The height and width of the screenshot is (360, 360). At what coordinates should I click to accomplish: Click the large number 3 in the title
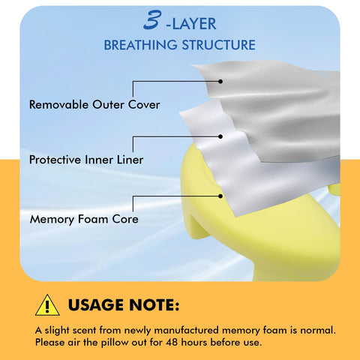(151, 19)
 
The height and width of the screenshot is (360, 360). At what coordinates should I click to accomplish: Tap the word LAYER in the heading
(194, 24)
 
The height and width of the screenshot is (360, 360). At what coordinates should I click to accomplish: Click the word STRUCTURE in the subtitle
(218, 45)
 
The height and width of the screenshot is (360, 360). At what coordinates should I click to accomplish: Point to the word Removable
(58, 104)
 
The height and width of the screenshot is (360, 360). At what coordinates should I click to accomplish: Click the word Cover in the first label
(144, 104)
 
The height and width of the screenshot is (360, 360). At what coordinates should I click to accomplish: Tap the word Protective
(55, 160)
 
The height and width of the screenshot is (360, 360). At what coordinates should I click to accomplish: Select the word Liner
(130, 160)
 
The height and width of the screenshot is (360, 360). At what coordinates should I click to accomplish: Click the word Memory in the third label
(52, 220)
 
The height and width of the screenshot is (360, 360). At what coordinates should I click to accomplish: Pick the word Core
(125, 219)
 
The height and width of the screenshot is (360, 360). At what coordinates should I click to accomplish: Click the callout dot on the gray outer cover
(220, 81)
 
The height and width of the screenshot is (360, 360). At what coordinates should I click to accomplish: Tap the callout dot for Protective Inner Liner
(220, 136)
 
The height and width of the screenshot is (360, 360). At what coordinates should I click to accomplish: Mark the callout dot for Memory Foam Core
(220, 196)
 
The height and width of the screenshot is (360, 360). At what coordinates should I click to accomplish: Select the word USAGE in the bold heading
(96, 305)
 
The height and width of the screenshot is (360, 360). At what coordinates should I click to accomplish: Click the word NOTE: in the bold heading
(154, 305)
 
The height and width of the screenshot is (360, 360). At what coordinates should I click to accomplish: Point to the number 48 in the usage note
(172, 342)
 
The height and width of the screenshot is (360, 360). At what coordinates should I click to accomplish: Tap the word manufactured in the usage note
(187, 330)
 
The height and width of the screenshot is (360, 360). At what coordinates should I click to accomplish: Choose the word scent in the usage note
(84, 331)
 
